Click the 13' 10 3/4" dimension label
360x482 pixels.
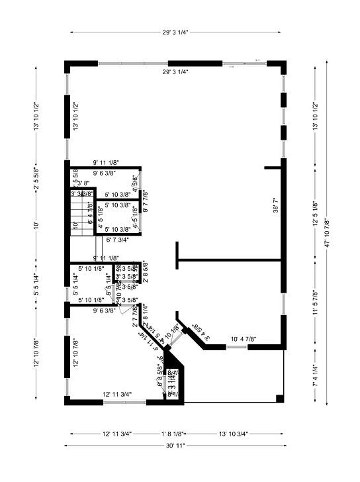tap(233, 434)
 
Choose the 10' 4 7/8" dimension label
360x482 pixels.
tap(244, 340)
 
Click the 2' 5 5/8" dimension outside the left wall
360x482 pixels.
tap(36, 178)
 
